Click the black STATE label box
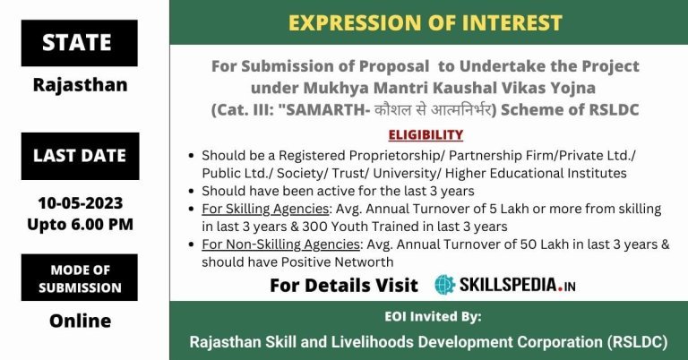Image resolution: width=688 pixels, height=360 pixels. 80,43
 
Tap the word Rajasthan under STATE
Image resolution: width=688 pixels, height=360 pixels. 81,85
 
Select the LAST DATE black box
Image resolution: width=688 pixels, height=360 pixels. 81,156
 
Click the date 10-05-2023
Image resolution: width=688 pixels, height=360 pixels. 81,203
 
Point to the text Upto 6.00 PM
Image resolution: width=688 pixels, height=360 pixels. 81,224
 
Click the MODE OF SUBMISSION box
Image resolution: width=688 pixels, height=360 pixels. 80,278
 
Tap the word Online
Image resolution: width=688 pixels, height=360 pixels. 81,321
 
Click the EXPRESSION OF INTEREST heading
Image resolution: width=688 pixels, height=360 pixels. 426,22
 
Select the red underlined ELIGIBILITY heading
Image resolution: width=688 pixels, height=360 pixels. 426,134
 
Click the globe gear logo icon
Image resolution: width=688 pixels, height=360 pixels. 445,285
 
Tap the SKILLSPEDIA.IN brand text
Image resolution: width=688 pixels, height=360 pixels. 517,285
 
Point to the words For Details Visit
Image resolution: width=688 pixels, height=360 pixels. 344,286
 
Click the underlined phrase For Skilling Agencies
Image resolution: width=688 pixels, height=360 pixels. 265,209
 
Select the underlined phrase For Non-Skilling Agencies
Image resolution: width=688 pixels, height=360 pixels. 280,244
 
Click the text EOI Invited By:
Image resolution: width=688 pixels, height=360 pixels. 433,316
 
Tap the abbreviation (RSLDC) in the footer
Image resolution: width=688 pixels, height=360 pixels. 638,341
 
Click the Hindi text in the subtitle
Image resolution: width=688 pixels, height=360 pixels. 433,109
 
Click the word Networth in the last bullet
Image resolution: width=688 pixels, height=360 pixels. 364,262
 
